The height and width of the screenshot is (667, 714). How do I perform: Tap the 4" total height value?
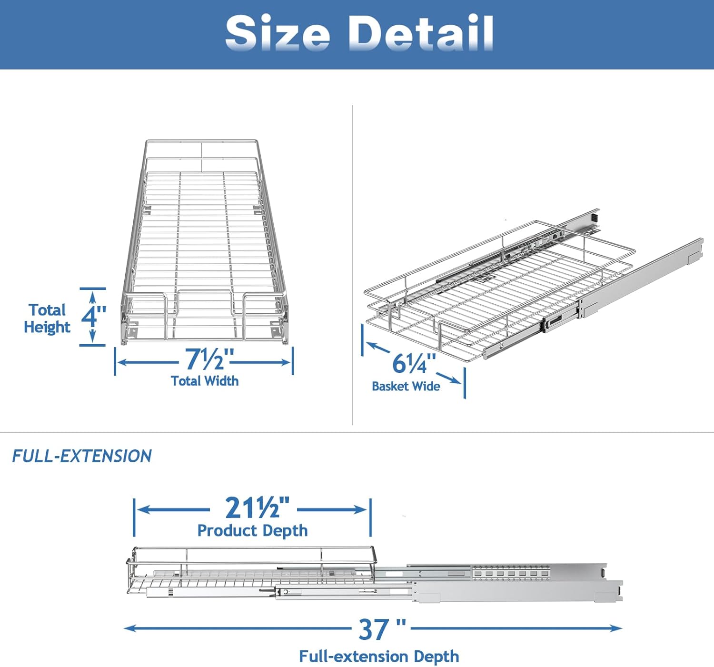coord(93,316)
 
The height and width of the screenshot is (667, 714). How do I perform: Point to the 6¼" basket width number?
coord(414,364)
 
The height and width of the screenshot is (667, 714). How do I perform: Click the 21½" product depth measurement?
coord(257,508)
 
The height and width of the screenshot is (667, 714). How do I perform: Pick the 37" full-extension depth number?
coord(382,629)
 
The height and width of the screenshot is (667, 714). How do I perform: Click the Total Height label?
coord(47,319)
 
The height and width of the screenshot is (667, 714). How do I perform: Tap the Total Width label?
coord(205,381)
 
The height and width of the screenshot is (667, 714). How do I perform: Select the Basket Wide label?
coord(406,386)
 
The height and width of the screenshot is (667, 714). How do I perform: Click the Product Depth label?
coord(252,530)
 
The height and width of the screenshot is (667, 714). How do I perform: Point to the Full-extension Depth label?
coord(379,657)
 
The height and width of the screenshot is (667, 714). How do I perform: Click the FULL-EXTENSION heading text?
coord(82,456)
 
